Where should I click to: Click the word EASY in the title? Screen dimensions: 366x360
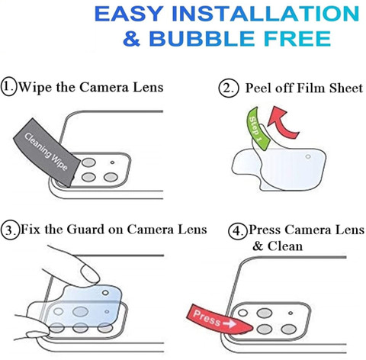click(129, 14)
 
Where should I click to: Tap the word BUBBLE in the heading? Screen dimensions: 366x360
click(201, 39)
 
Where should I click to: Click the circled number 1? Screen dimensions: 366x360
click(8, 87)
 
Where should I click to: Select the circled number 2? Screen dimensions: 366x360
click(229, 88)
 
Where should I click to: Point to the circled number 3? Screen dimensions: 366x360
click(10, 230)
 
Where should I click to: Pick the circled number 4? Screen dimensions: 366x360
click(237, 231)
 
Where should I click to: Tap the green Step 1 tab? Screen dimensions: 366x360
click(257, 128)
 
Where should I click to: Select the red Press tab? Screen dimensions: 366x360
click(219, 320)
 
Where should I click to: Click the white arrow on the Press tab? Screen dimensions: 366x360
click(230, 323)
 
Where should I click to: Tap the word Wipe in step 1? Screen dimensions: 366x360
click(35, 87)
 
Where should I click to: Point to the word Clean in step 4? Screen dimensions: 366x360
click(285, 246)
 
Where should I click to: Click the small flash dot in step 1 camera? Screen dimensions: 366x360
click(112, 162)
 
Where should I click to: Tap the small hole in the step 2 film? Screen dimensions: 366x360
click(308, 156)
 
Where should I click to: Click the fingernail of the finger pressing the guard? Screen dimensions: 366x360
click(89, 273)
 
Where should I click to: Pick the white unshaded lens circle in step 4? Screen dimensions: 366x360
click(243, 313)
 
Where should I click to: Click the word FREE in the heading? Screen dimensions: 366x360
click(297, 39)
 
